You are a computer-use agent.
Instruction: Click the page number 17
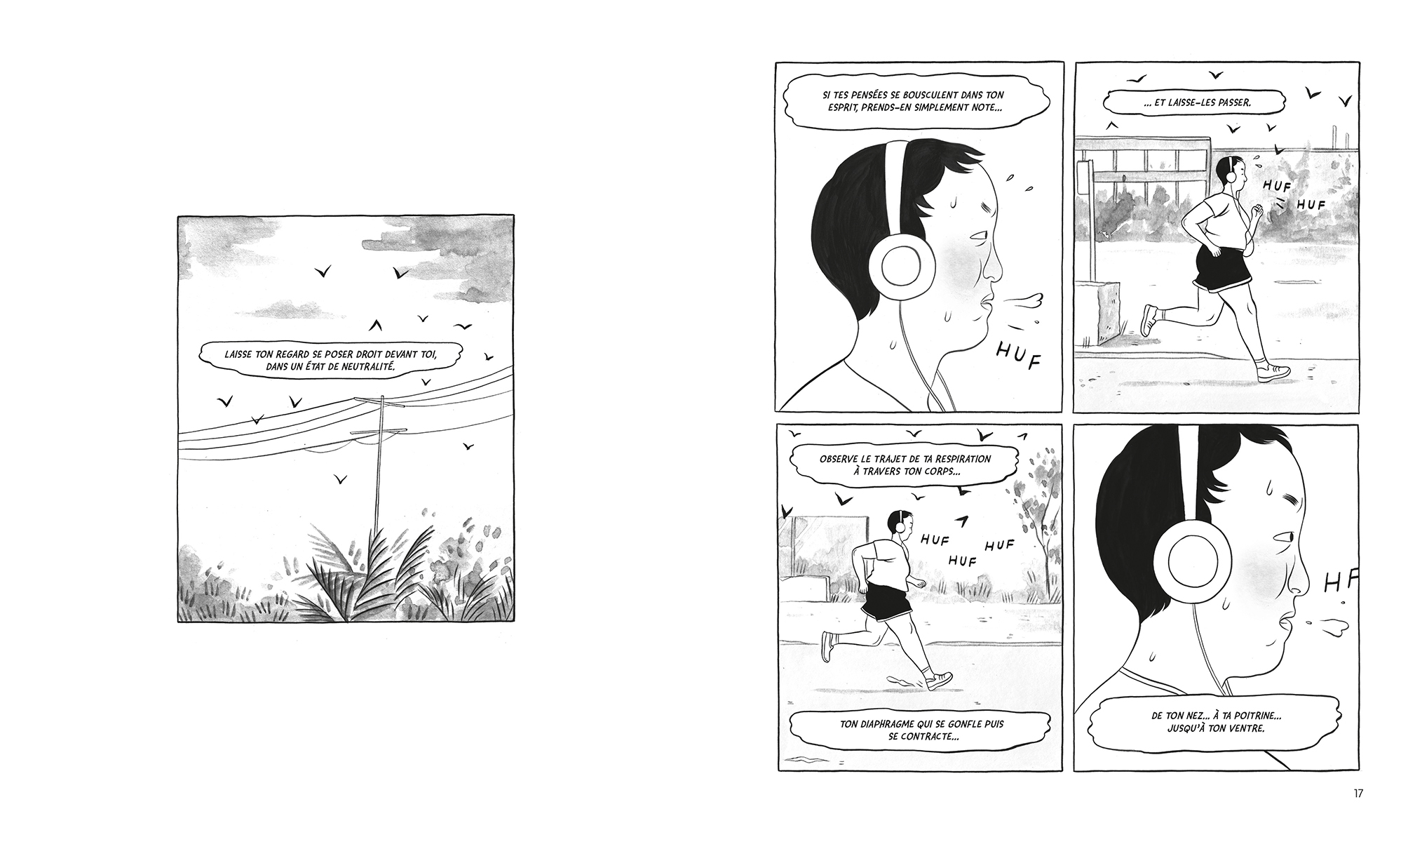pos(1358,794)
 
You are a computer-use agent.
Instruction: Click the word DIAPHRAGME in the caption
pos(900,723)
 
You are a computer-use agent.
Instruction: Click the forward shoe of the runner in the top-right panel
pos(1273,373)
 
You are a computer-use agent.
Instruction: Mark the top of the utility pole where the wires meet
pos(381,399)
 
